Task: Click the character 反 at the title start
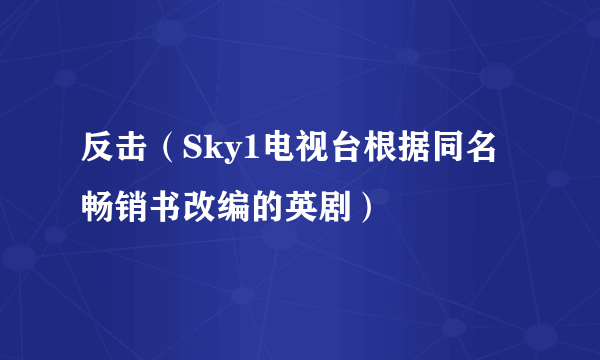(x=98, y=150)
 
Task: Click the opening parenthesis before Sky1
(x=167, y=150)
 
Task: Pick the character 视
(x=300, y=150)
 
